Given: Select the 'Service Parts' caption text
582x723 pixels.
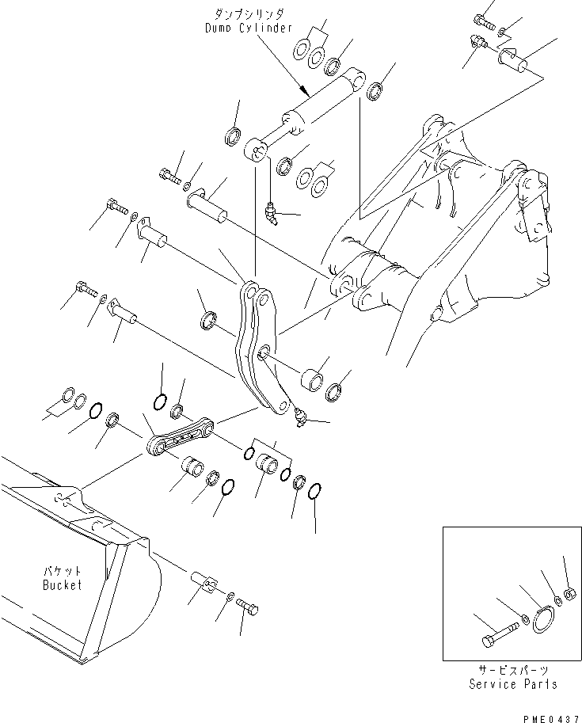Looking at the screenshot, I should coord(512,684).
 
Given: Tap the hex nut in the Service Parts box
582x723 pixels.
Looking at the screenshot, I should coord(569,594).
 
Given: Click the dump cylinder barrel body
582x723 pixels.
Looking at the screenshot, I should coord(325,102).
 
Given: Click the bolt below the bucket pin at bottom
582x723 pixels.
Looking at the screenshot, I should coord(247,608).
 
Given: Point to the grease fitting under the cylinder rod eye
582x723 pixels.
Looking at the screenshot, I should coord(271,211).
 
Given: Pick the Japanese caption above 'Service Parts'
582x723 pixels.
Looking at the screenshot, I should coord(512,670).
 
